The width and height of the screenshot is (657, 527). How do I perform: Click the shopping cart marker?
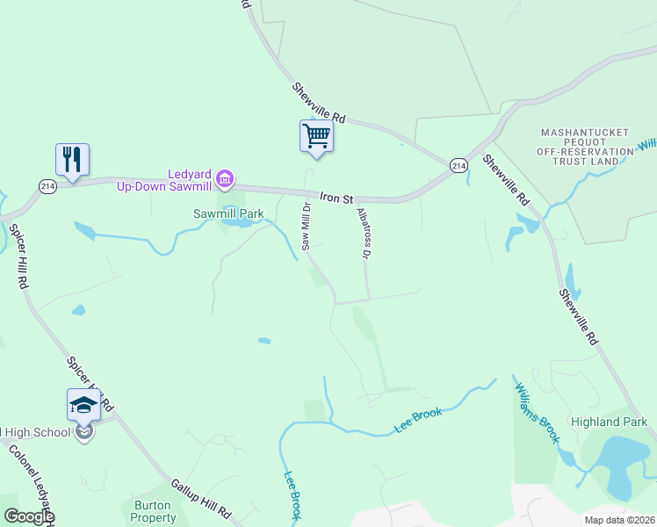(316, 136)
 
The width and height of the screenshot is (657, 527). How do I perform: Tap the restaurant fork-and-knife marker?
(72, 159)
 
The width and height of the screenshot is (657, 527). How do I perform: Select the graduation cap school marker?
(83, 405)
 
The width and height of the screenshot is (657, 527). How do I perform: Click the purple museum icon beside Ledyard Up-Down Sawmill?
(225, 179)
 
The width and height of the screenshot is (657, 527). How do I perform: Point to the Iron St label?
(335, 199)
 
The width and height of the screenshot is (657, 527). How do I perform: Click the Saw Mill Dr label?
(307, 227)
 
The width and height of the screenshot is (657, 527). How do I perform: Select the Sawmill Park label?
(228, 213)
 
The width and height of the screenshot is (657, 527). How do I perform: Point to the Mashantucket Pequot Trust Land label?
(585, 141)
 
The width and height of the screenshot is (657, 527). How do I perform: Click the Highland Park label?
(609, 422)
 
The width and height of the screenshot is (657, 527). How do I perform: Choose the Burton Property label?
(155, 511)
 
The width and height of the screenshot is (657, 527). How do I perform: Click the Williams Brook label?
(537, 412)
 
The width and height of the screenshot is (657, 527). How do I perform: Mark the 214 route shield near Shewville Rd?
(458, 165)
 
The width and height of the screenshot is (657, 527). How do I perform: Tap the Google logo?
(29, 516)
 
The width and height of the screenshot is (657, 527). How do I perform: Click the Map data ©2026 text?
(618, 520)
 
